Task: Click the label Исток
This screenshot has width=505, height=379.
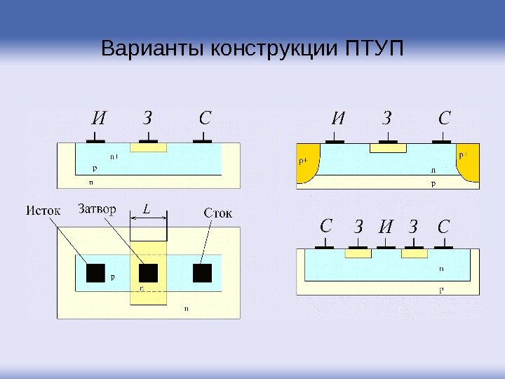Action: coord(43,209)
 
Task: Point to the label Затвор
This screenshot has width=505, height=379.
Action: coord(98,208)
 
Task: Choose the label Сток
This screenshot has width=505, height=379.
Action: coord(217,211)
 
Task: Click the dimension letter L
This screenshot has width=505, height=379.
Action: coord(147,208)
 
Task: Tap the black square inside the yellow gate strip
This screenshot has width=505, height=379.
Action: coord(149,273)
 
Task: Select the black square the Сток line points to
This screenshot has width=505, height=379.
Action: coord(203,273)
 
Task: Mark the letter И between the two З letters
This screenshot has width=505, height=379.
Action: coord(385,227)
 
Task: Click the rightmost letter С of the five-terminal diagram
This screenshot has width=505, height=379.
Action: coord(443,226)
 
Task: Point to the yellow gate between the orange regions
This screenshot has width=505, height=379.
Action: coord(388,148)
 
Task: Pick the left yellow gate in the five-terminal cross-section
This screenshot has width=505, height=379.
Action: coord(358,253)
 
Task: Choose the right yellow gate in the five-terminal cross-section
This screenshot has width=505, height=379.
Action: coord(414,253)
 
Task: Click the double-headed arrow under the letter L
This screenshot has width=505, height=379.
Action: coord(149,218)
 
